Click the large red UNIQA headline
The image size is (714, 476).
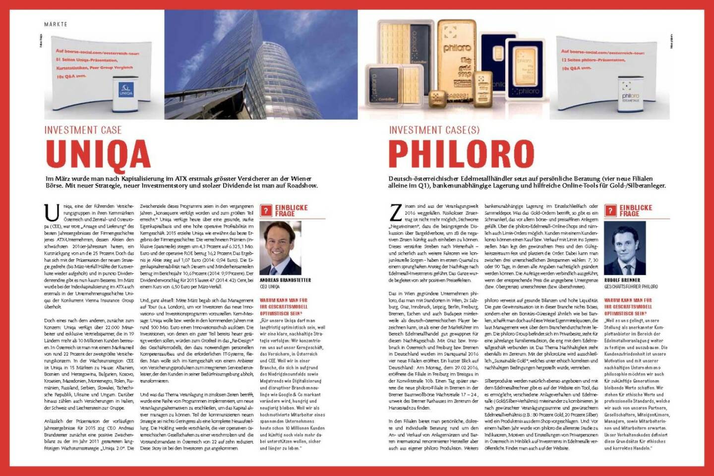click(98, 154)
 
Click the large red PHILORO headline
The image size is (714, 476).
click(461, 154)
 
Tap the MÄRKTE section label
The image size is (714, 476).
click(56, 24)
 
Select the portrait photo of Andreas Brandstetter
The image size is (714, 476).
click(280, 247)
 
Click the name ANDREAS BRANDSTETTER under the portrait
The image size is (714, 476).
click(285, 280)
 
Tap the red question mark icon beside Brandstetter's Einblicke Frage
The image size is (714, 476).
click(266, 211)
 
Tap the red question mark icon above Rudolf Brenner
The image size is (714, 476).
click(610, 211)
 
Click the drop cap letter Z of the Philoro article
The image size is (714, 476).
click(396, 212)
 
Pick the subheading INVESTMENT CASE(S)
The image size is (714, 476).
click(434, 130)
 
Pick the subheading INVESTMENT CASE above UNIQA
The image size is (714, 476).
click(83, 130)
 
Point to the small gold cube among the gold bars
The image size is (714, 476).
click(437, 98)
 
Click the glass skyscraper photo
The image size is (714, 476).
click(261, 64)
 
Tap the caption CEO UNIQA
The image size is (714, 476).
click(270, 287)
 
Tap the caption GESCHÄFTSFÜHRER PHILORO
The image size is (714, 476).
click(631, 287)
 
